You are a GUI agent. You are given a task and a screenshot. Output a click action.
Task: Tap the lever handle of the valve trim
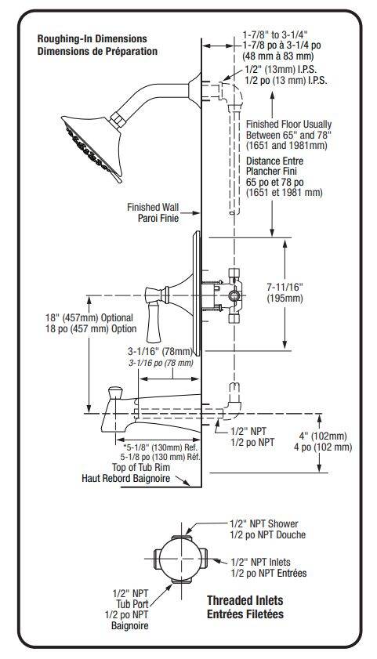(153, 321)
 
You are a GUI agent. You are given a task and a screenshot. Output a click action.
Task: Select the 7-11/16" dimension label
(285, 287)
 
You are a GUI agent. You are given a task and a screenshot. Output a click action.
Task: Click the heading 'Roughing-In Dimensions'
(92, 39)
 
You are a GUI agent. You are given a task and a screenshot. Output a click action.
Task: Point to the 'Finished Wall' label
(153, 207)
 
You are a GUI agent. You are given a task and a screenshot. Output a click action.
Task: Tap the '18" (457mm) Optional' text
(89, 318)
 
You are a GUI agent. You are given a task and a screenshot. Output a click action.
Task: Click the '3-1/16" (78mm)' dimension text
(160, 351)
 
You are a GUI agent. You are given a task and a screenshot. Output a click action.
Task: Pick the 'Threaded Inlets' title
(245, 600)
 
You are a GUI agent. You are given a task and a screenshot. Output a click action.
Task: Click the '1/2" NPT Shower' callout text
(264, 523)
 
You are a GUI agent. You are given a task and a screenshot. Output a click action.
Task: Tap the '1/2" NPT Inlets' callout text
(260, 562)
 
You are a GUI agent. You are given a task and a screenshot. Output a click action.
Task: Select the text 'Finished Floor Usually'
(288, 125)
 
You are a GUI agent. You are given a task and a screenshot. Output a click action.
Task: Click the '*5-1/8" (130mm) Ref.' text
(161, 447)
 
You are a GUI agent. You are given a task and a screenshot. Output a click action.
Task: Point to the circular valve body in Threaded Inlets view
(182, 559)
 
